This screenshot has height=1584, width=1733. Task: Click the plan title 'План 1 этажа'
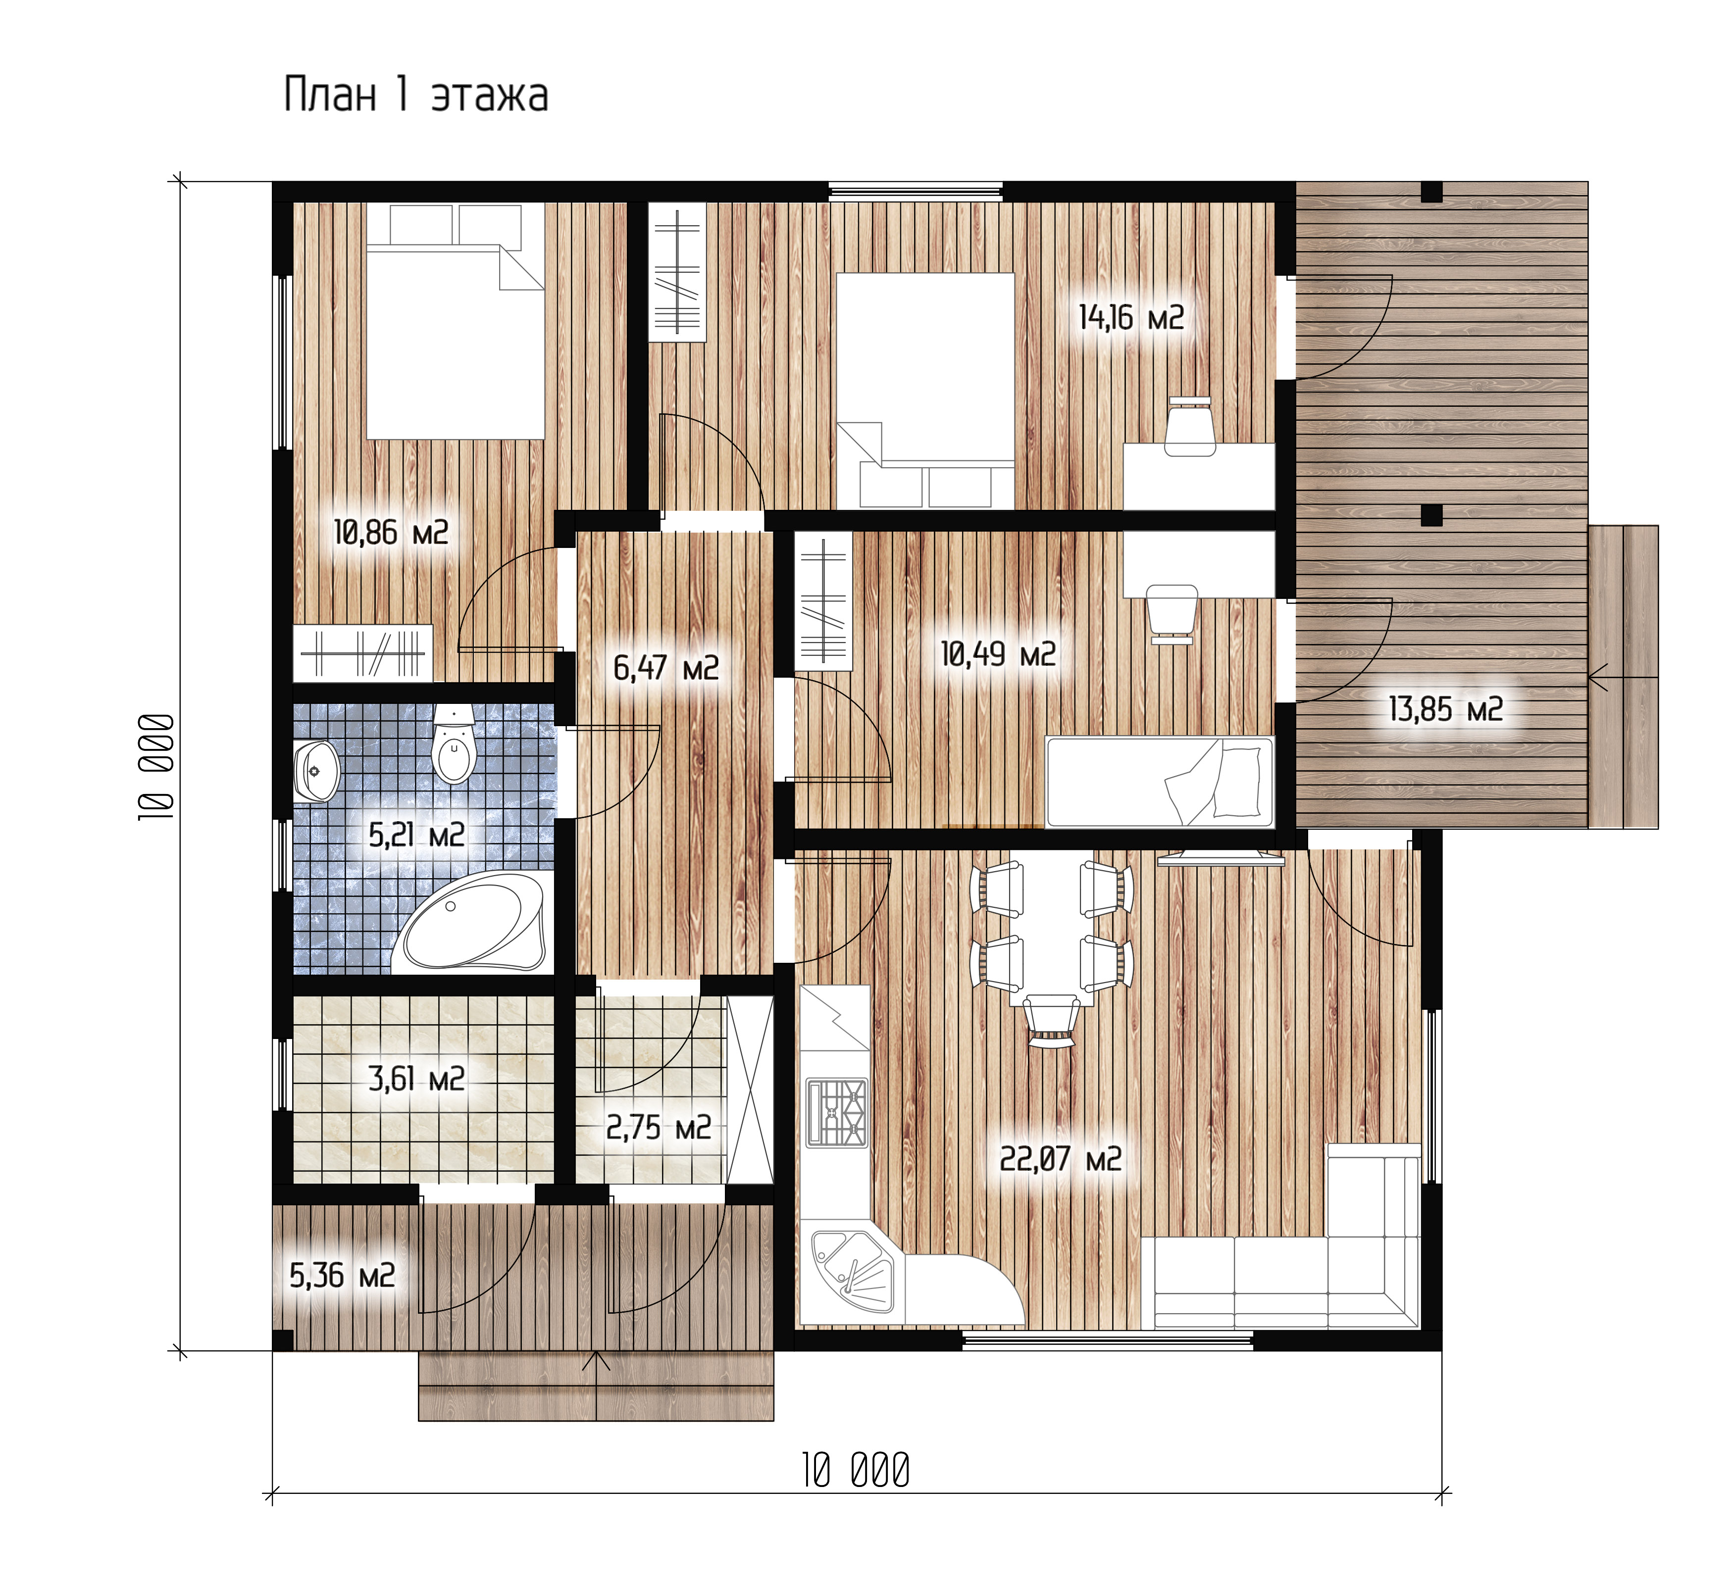point(416,95)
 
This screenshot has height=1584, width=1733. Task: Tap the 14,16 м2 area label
point(1131,318)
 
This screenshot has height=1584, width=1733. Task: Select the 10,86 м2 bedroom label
point(391,533)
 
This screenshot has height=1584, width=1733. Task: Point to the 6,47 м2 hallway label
point(665,668)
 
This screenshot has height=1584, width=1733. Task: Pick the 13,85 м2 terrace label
point(1446,710)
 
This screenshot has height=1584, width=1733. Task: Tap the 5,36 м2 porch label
point(342,1276)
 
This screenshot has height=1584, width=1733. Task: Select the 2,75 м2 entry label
point(659,1128)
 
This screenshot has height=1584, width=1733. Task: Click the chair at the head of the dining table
point(1051,1020)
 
